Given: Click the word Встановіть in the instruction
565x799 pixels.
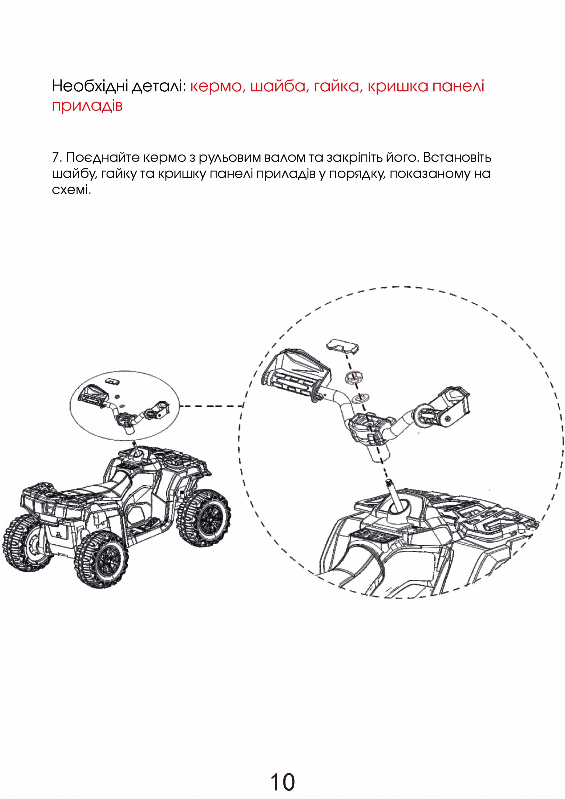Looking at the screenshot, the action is [457, 157].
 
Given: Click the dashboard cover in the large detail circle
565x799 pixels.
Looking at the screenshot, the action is [342, 346].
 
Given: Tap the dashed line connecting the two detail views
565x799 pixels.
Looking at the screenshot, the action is [211, 406].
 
